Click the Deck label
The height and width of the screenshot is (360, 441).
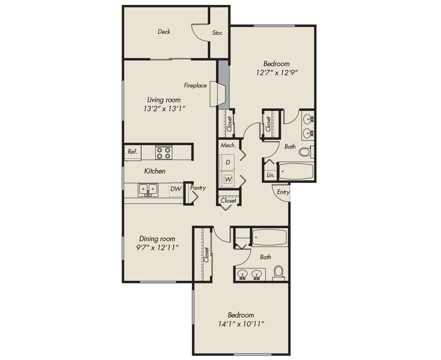pyautogui.click(x=164, y=32)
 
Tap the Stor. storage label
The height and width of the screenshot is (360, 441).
pyautogui.click(x=218, y=33)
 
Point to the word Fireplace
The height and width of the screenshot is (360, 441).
pyautogui.click(x=195, y=85)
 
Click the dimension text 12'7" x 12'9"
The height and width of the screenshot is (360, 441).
pyautogui.click(x=276, y=73)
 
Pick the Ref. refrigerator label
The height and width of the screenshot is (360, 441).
pyautogui.click(x=132, y=151)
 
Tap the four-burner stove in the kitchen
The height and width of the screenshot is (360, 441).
pyautogui.click(x=164, y=152)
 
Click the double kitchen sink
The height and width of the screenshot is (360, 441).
pyautogui.click(x=148, y=189)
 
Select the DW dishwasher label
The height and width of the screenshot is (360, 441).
pyautogui.click(x=175, y=188)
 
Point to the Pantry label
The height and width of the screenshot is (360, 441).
pyautogui.click(x=198, y=188)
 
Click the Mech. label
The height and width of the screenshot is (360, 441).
pyautogui.click(x=228, y=145)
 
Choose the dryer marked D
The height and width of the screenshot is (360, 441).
pyautogui.click(x=228, y=163)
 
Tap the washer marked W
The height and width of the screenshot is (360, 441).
pyautogui.click(x=228, y=179)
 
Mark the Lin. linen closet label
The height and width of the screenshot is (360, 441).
pyautogui.click(x=270, y=175)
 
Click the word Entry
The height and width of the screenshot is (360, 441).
pyautogui.click(x=283, y=192)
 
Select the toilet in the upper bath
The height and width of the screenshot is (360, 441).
pyautogui.click(x=305, y=151)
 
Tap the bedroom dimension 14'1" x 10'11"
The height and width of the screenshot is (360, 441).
pyautogui.click(x=241, y=324)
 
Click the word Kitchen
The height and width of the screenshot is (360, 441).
pyautogui.click(x=155, y=171)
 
